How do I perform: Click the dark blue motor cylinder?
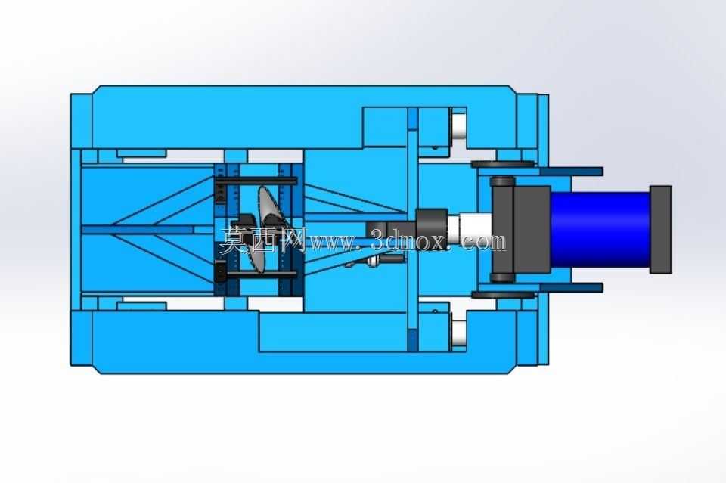[600, 229]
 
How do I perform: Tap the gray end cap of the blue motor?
[661, 230]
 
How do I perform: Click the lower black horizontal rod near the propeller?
[256, 274]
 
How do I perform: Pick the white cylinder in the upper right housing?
[458, 125]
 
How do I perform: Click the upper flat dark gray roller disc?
[503, 164]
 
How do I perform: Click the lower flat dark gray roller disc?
[503, 295]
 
